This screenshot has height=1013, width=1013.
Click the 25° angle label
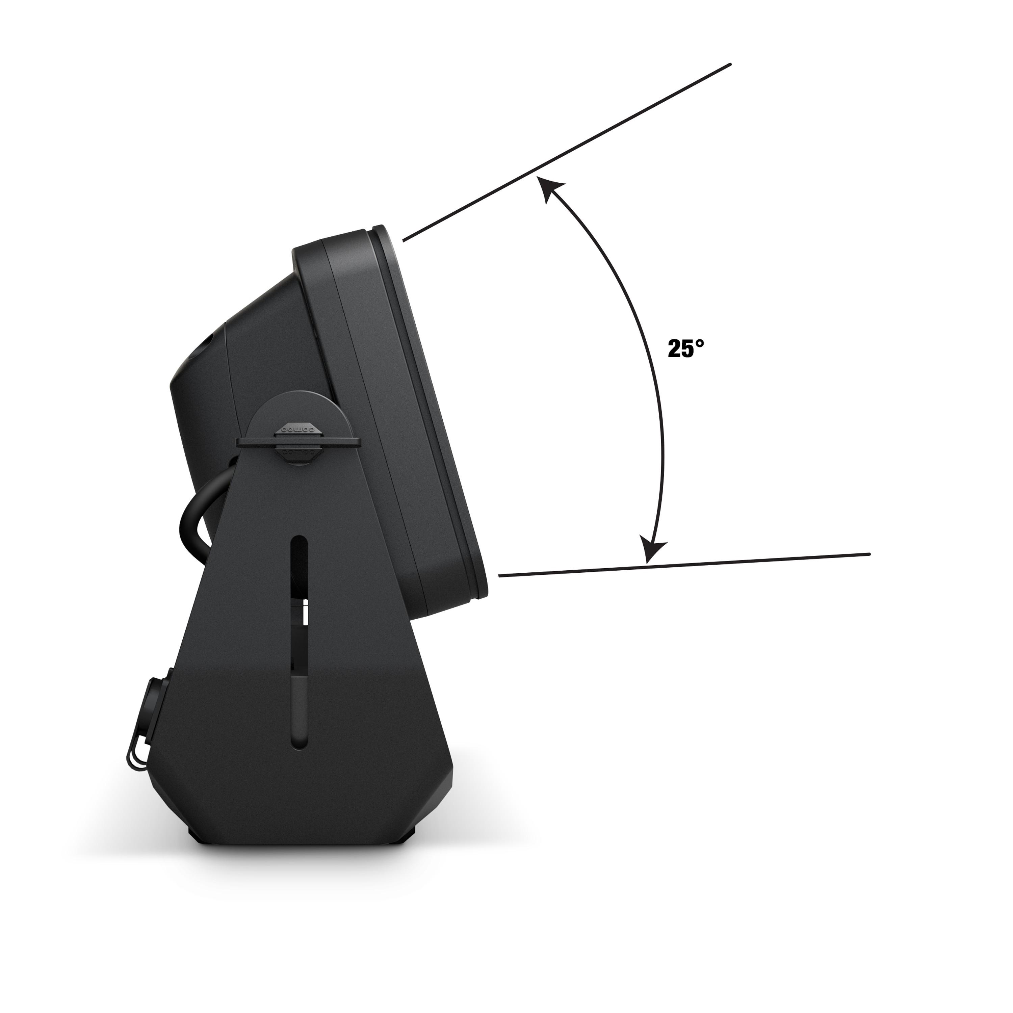click(x=685, y=349)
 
